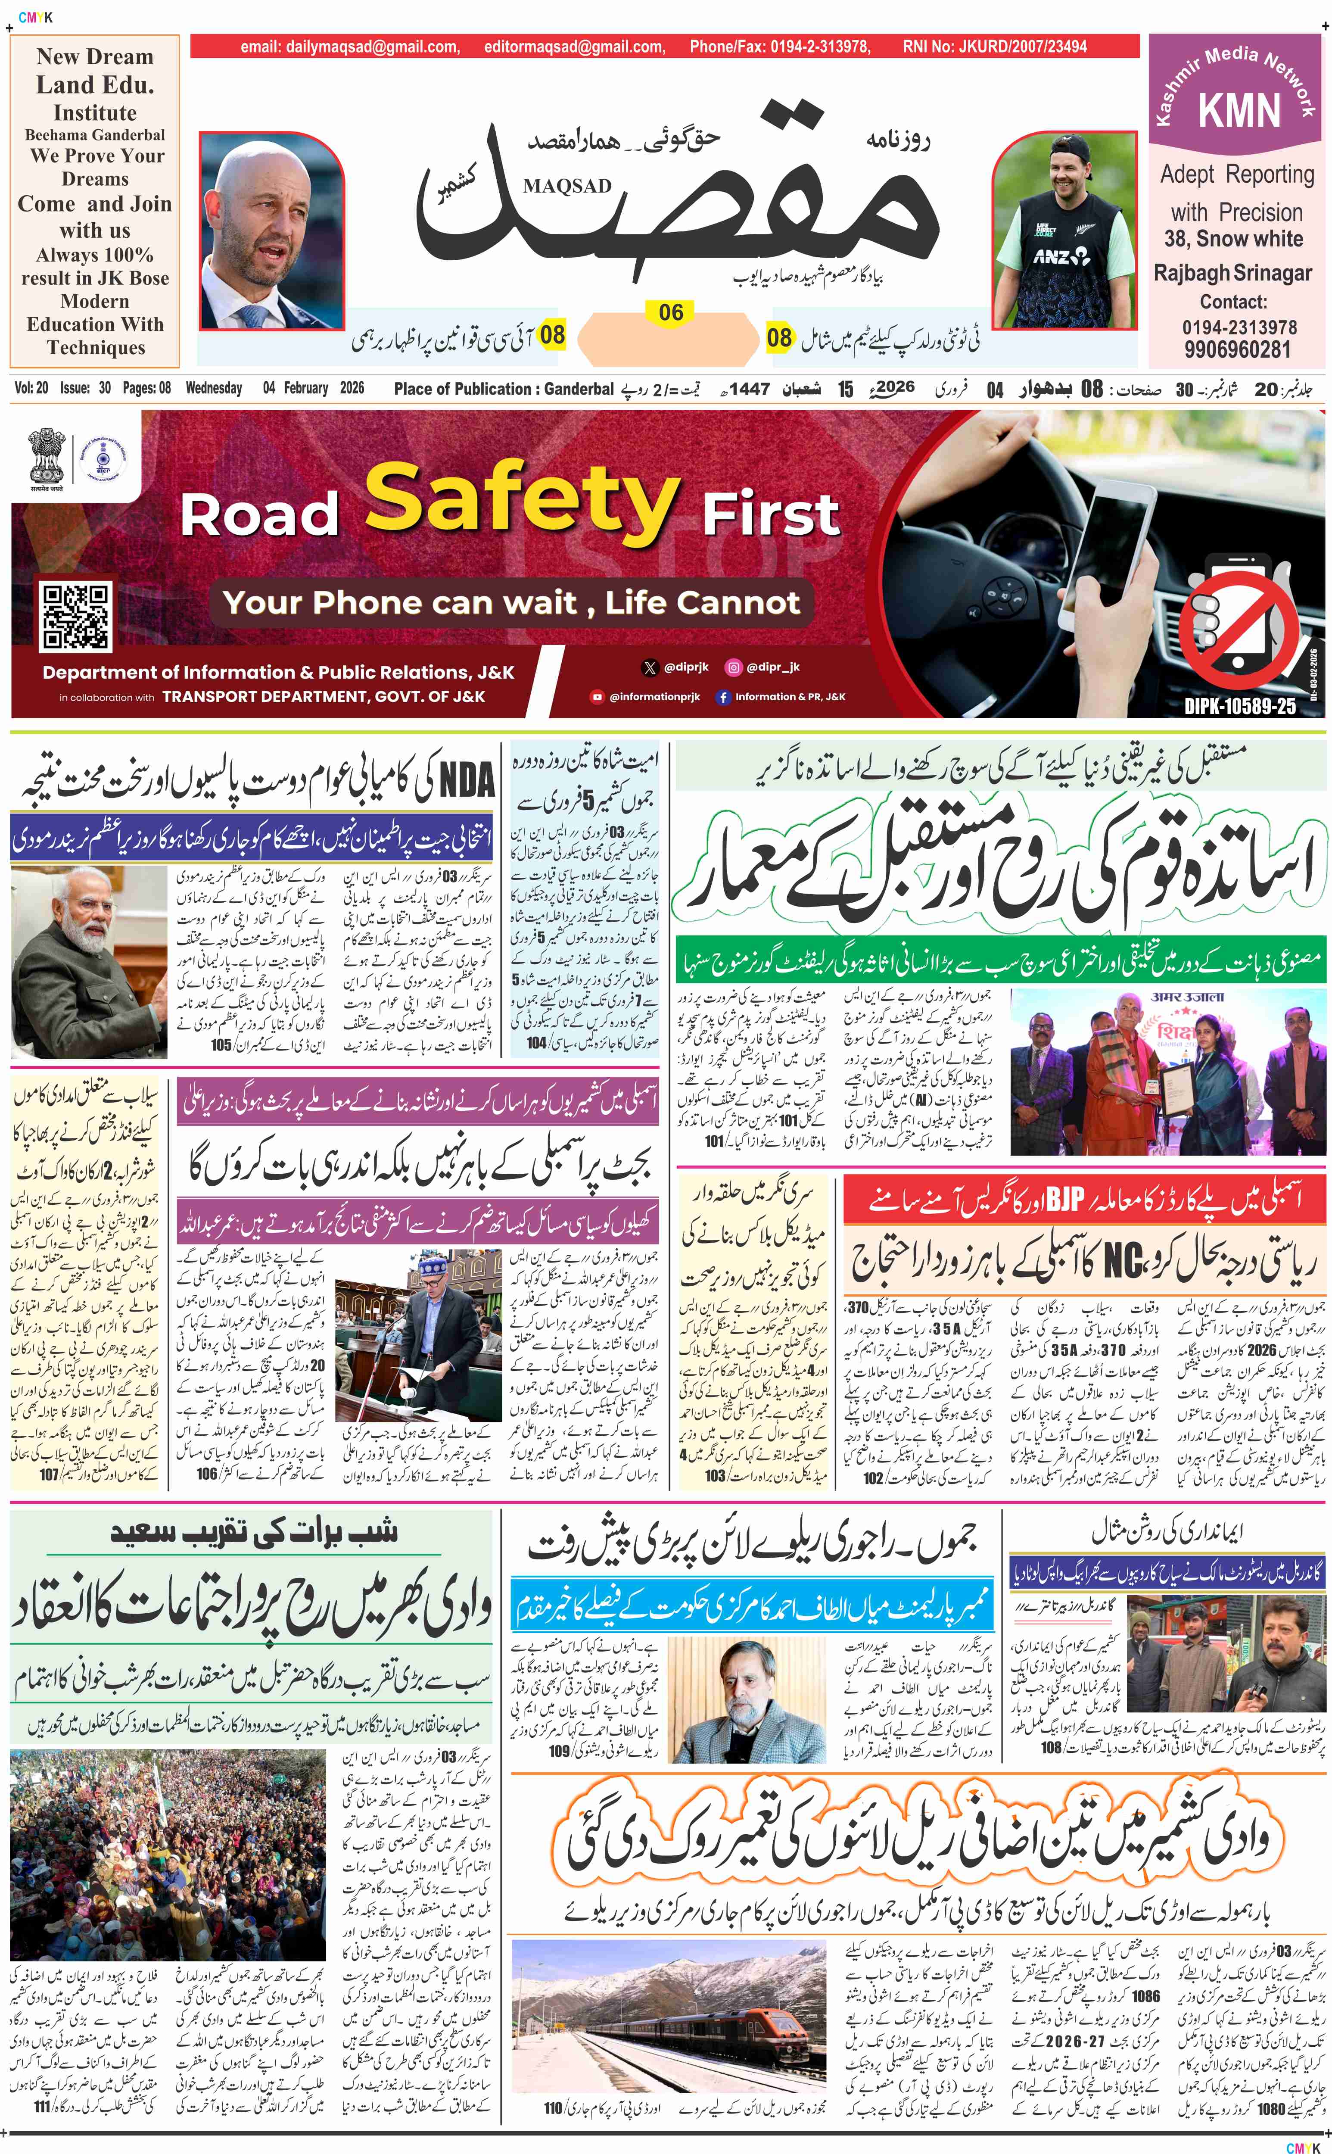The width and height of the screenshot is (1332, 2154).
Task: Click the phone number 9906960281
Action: point(1237,349)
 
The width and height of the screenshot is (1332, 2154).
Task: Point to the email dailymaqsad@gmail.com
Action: point(350,47)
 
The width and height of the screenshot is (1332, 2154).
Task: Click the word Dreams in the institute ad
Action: point(95,179)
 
